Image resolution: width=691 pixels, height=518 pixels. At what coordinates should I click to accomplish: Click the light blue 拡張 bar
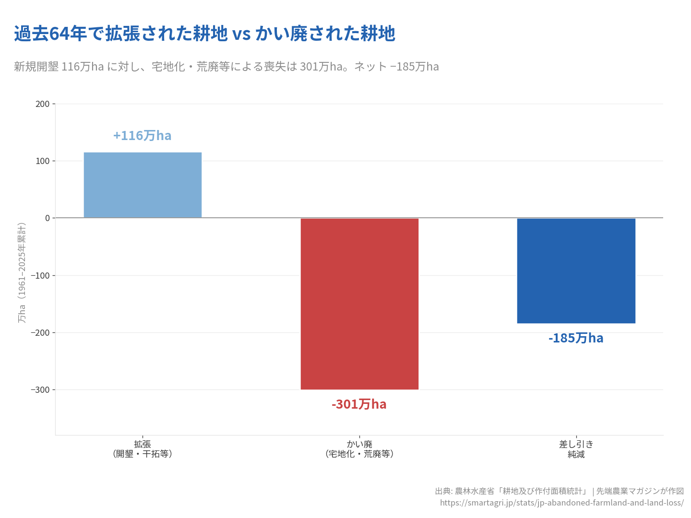click(143, 185)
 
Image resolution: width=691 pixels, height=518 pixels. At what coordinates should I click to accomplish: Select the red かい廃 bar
click(359, 304)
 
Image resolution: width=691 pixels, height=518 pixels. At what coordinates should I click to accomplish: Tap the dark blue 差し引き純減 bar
click(576, 271)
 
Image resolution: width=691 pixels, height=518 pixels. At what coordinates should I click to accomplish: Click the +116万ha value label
click(142, 136)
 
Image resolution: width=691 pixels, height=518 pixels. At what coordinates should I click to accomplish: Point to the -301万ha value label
click(359, 404)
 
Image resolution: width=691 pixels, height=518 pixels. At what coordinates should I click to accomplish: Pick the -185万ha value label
click(576, 338)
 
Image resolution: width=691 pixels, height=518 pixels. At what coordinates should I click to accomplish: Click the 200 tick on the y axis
click(43, 104)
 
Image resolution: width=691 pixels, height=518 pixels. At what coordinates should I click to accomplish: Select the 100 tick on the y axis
click(43, 161)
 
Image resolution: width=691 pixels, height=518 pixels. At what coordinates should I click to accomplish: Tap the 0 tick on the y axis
click(48, 218)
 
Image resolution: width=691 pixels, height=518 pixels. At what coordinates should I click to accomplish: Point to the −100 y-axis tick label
click(40, 275)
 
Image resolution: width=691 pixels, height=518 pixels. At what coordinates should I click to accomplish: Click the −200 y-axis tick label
click(40, 332)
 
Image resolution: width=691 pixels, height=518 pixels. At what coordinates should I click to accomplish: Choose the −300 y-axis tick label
click(40, 390)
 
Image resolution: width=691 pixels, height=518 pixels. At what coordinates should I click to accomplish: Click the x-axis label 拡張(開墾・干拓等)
click(143, 449)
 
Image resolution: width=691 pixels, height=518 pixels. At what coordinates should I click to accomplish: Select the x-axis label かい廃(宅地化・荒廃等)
click(359, 449)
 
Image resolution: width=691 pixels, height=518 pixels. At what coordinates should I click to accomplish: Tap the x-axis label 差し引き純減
click(576, 449)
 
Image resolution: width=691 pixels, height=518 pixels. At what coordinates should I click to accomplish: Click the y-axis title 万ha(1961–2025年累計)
click(22, 272)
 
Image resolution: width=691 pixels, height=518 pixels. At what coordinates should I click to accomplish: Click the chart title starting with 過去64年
click(204, 34)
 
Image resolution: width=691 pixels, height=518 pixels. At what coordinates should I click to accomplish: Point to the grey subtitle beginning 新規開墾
click(226, 67)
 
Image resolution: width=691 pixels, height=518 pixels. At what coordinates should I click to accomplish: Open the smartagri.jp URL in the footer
click(561, 503)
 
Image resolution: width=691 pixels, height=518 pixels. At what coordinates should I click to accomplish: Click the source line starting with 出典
click(559, 491)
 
